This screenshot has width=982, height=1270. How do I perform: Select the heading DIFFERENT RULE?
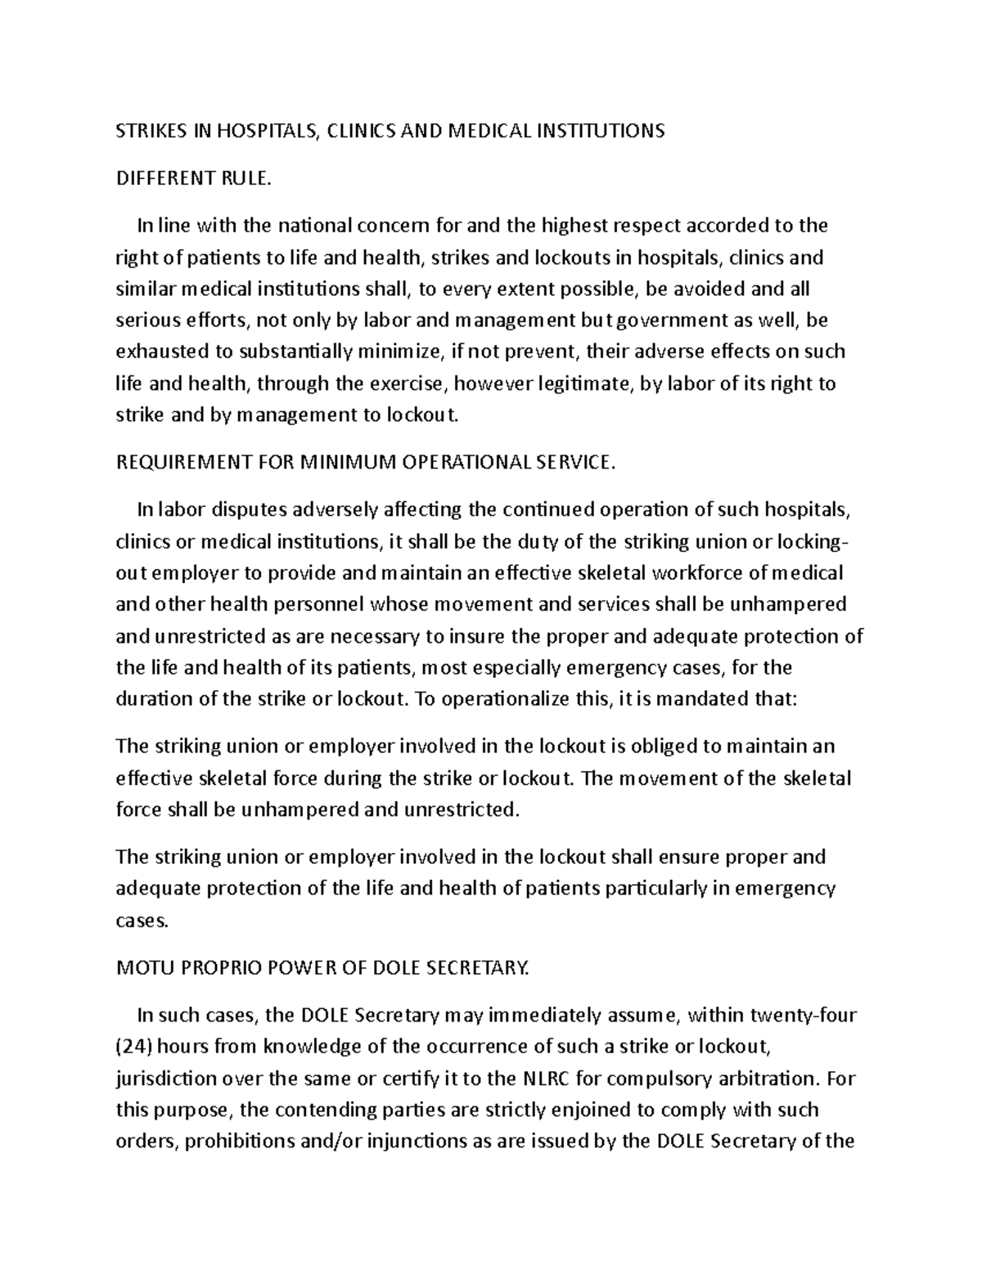click(x=193, y=178)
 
